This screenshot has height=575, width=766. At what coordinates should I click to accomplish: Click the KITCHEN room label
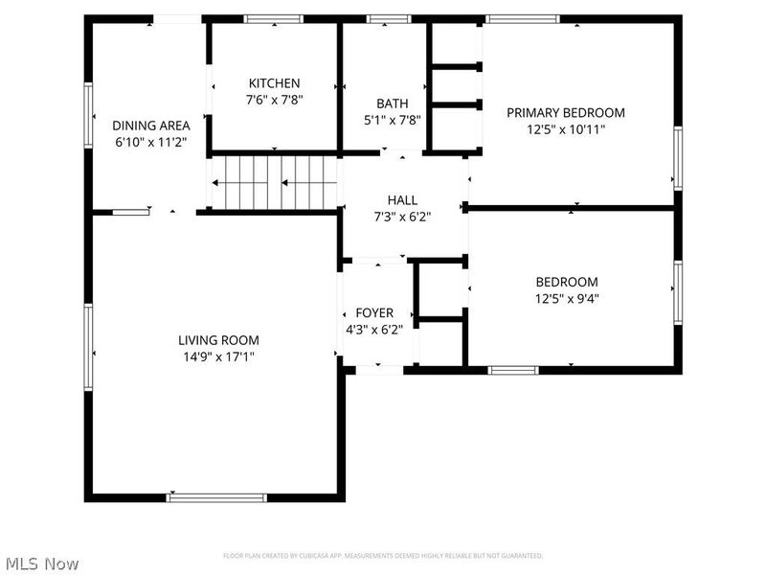coord(274,83)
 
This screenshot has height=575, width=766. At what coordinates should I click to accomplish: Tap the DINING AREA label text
coord(151,126)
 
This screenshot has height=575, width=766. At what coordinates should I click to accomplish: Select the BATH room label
coord(392,103)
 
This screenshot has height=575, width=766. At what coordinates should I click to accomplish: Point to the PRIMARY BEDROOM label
coord(565,112)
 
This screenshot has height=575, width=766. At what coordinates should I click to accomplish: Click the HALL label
coord(402,200)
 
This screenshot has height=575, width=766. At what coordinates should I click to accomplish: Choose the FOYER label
coord(373,313)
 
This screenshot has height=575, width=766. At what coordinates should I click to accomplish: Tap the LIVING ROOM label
coord(218,340)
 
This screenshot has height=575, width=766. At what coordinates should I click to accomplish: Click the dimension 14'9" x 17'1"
coord(218,356)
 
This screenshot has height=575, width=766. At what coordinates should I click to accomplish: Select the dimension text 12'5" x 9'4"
coord(566,298)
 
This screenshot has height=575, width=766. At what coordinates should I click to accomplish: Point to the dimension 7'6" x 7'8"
coord(274,100)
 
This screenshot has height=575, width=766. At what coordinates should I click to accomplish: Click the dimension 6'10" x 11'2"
coord(151,142)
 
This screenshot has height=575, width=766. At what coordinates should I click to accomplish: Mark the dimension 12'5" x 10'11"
coord(565,128)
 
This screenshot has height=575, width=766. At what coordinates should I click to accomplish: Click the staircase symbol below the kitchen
coord(276,181)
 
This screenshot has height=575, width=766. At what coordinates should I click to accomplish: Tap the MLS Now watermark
coord(41,563)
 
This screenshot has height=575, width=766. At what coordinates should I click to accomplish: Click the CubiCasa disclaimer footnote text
coord(383,556)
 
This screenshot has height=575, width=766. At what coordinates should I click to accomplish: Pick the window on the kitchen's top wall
coord(274,19)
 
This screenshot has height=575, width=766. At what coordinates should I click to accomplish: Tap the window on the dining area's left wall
coord(89,114)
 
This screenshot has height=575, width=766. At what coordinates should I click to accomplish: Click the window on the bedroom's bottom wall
coord(513,370)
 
